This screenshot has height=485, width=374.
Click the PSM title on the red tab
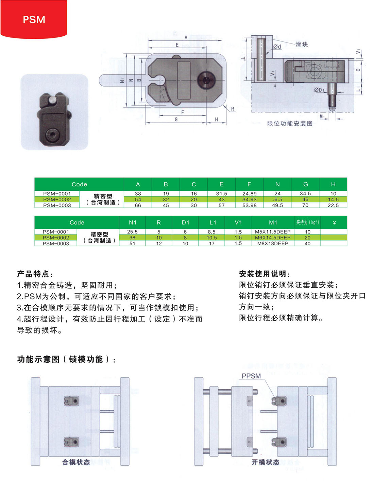pos(34,20)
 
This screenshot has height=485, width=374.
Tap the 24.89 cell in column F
pos(249,194)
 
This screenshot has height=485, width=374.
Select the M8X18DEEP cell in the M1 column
pos(273,243)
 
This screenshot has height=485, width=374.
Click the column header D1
pos(185,222)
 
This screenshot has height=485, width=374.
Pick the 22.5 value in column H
pos(333,205)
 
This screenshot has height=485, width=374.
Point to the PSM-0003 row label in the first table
pos(57,205)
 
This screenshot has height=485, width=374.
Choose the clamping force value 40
pos(307,243)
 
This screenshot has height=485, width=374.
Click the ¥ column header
pos(334,222)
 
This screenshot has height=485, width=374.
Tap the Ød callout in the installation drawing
pos(277,47)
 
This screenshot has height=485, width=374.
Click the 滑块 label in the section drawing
pos(302,44)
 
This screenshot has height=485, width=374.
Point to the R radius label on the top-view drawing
pos(233,109)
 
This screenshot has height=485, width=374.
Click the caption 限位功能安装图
pos(290,123)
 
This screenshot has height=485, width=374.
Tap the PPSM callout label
pos(251,376)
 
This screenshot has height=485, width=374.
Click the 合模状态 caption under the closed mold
pos(76,462)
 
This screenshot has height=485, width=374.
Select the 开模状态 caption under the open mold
pos(266,462)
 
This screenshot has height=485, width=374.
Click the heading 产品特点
pos(35,274)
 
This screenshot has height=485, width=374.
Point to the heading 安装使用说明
pos(265,274)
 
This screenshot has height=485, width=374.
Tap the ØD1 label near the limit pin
pos(319,90)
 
